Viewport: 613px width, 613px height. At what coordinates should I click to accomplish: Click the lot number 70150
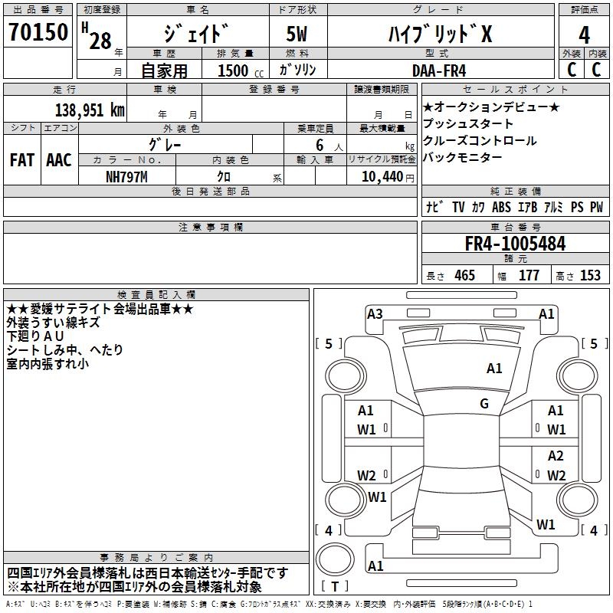click(x=38, y=31)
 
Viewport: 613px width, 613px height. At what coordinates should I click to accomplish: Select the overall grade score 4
click(x=584, y=35)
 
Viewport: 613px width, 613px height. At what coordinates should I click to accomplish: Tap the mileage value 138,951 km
click(x=90, y=110)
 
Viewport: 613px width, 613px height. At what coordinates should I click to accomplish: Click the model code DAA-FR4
click(x=439, y=70)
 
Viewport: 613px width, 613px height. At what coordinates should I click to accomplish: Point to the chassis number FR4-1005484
click(x=515, y=244)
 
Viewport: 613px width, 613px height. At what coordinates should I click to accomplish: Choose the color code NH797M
click(x=126, y=177)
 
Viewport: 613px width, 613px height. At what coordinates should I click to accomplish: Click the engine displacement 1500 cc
click(x=241, y=70)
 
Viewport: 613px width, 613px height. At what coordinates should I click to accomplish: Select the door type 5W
click(x=297, y=34)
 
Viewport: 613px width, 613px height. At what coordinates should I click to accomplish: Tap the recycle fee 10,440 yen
click(x=388, y=177)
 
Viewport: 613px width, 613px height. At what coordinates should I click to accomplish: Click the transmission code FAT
click(x=22, y=160)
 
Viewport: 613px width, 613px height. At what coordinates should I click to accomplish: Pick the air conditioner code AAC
click(x=59, y=160)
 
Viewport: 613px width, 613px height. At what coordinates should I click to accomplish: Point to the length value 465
click(x=465, y=275)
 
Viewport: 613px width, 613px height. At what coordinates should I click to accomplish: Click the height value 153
click(x=590, y=275)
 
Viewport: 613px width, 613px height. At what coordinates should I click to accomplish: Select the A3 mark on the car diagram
click(x=375, y=313)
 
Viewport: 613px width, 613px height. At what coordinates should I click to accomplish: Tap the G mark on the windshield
click(x=484, y=403)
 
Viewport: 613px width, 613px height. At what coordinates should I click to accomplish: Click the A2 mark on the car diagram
click(x=556, y=455)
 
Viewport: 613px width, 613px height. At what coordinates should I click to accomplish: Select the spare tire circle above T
click(x=335, y=560)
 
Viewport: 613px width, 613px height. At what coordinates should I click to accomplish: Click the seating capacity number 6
click(x=320, y=145)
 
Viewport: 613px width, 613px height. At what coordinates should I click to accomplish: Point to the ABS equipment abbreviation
click(x=501, y=207)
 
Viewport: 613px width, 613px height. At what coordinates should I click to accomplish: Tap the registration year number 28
click(x=100, y=41)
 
